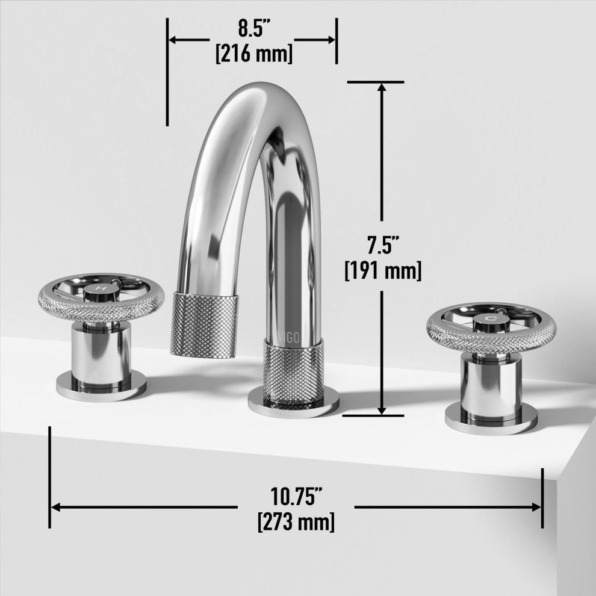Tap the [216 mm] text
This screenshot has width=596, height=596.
254,53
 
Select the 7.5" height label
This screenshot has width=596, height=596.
383,244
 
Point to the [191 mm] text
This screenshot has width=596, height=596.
383,270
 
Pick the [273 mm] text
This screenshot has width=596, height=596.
296,521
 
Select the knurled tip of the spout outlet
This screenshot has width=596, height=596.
204,325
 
